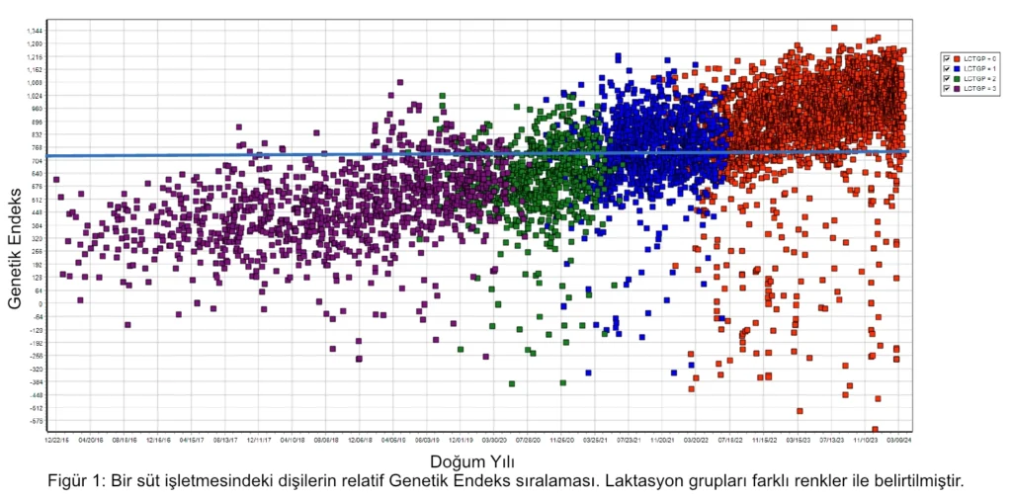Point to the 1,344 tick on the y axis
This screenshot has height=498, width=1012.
[35, 31]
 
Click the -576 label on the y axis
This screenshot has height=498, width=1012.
[36, 420]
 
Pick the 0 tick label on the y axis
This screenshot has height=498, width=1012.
[41, 303]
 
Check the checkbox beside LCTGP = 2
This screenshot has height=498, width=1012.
[947, 79]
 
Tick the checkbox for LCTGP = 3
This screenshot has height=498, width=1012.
[947, 89]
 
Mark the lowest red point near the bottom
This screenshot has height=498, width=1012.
[876, 429]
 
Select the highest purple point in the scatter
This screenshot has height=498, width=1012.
[399, 83]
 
